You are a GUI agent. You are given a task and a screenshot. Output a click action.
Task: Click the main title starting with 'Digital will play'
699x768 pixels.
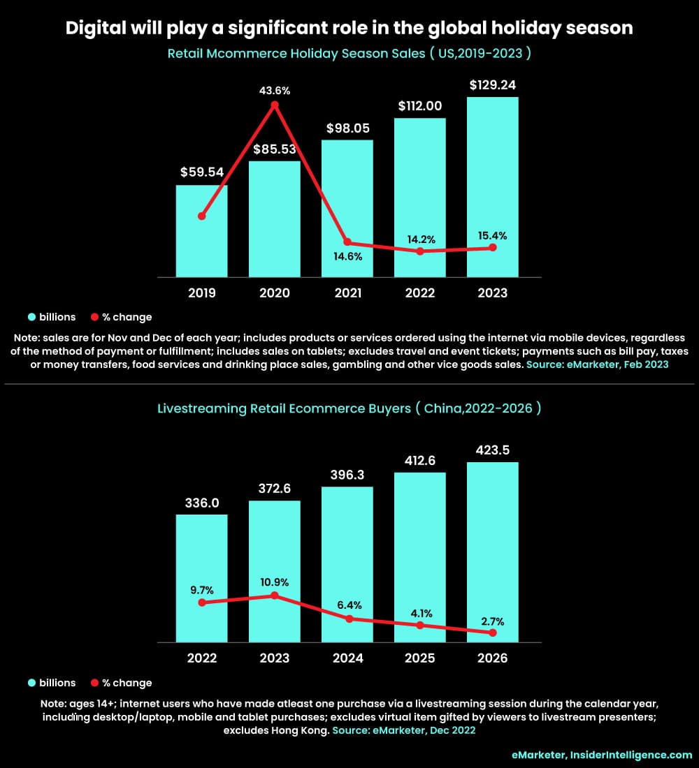[x=349, y=28]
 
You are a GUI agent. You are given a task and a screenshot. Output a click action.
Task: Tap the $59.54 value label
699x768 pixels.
[x=201, y=172]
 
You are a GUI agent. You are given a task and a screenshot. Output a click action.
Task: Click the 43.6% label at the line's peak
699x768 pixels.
[x=275, y=91]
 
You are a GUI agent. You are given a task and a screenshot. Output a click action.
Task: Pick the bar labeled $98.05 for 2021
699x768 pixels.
[x=347, y=209]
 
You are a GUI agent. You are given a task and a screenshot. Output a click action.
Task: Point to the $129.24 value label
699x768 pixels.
[x=493, y=85]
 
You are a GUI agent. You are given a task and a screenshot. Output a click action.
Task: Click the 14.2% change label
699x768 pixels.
[x=420, y=239]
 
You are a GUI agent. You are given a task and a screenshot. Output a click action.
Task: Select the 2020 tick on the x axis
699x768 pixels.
[x=275, y=293]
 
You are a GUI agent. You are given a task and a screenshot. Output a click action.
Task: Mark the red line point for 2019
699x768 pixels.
[x=201, y=216]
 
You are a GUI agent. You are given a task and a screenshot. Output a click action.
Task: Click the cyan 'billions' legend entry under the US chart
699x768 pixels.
[x=52, y=317]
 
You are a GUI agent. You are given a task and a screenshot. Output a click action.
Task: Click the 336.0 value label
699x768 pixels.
[x=201, y=503]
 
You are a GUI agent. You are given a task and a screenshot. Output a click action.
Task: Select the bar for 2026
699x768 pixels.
[x=493, y=552]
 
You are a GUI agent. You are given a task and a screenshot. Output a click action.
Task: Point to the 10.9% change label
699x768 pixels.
[x=275, y=582]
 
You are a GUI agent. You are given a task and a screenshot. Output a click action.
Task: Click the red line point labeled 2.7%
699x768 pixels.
[x=493, y=633]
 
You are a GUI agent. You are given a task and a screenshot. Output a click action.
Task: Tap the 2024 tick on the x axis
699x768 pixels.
[x=347, y=658]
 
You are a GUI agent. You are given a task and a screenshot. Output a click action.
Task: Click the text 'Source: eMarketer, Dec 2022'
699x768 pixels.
[x=404, y=730]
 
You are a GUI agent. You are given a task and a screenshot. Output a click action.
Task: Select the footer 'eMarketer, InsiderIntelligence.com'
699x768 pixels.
[x=601, y=755]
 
